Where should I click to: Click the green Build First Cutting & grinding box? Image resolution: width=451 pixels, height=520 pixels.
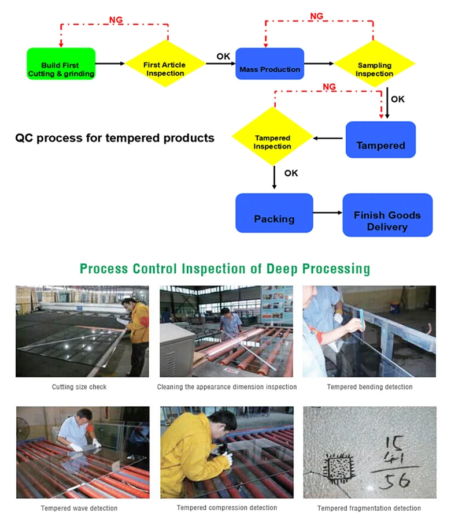[x=61, y=64]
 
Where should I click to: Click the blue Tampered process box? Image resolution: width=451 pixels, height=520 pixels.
[x=380, y=140]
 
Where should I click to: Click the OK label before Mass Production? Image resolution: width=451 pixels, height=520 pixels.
[x=223, y=56]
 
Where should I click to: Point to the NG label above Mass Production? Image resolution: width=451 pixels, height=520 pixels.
[x=316, y=16]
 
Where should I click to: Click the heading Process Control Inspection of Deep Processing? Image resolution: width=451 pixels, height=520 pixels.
[x=225, y=269]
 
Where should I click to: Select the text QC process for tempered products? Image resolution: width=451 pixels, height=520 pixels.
[x=114, y=138]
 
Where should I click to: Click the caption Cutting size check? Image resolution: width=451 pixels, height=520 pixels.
[x=79, y=387]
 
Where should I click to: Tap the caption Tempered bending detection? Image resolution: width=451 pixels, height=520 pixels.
[x=369, y=387]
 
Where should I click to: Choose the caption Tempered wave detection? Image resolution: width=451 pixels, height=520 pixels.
[x=79, y=508]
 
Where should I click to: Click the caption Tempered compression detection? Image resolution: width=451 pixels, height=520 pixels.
[x=227, y=508]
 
